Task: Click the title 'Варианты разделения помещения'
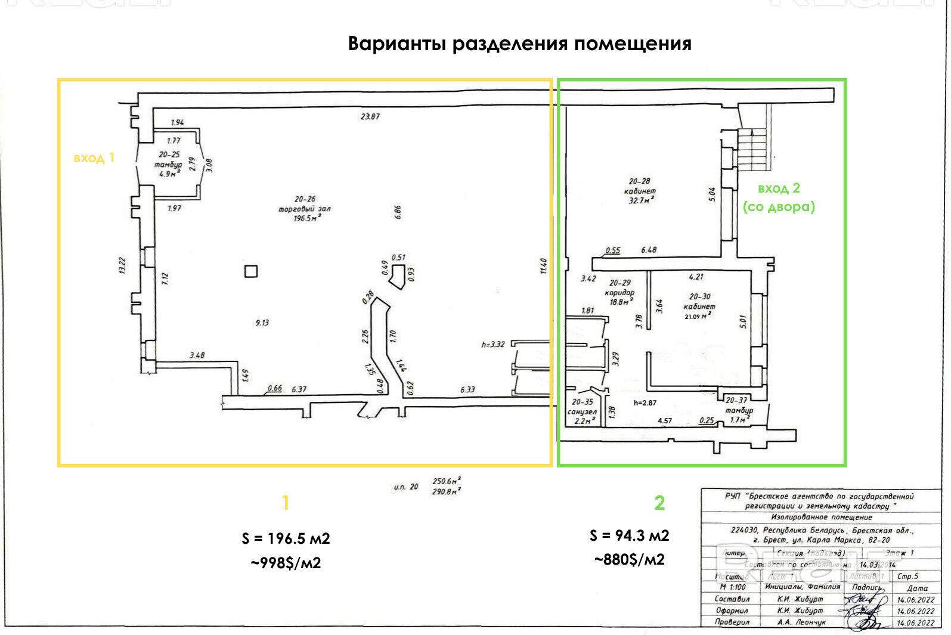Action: coord(519,44)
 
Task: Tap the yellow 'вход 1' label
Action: coord(94,158)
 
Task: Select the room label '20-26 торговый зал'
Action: coord(305,209)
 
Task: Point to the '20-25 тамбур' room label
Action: coord(169,163)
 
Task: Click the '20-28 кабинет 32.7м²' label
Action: coord(640,191)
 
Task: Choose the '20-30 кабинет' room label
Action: coord(699,306)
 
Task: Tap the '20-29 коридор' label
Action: coord(619,292)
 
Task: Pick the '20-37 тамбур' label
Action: coord(738,410)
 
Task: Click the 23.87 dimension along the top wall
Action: coord(370,116)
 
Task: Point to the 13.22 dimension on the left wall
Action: coord(123,265)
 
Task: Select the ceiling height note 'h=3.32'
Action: coord(493,344)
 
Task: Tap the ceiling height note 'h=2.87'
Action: coord(645,403)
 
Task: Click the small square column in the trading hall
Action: coord(251,271)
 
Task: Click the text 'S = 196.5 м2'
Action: coord(286,538)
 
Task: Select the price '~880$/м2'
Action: coord(629,559)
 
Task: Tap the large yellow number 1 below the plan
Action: coord(286,503)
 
